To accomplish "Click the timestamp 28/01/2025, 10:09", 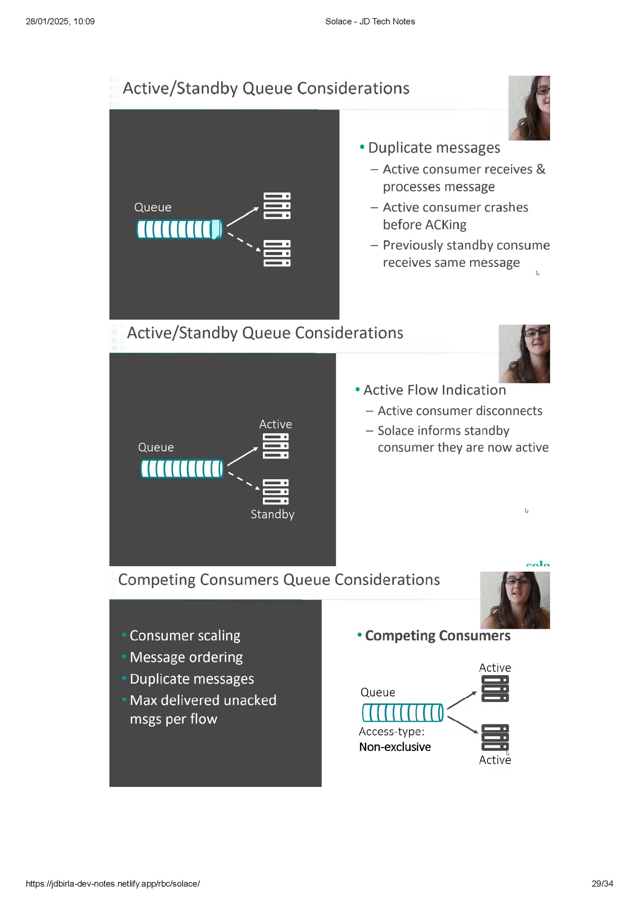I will click(x=60, y=21).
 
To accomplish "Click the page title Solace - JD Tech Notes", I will click(x=370, y=21).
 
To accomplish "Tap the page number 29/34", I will click(x=602, y=884).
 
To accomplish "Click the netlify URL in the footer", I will click(x=112, y=884).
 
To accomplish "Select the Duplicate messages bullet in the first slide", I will click(x=433, y=148).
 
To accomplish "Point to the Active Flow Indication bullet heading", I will click(x=434, y=390).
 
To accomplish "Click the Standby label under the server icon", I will click(x=273, y=514).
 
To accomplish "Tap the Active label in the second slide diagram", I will click(x=275, y=424).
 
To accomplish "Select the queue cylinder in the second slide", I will click(x=182, y=468).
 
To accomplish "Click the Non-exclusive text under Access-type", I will click(x=395, y=747).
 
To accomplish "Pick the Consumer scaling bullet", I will click(x=185, y=635).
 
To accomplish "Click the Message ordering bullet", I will click(x=186, y=657).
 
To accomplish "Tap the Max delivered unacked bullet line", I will click(x=203, y=700).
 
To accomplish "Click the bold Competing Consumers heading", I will click(x=438, y=635).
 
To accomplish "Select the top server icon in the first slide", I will click(x=277, y=206).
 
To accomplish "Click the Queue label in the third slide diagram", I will click(x=378, y=692).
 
